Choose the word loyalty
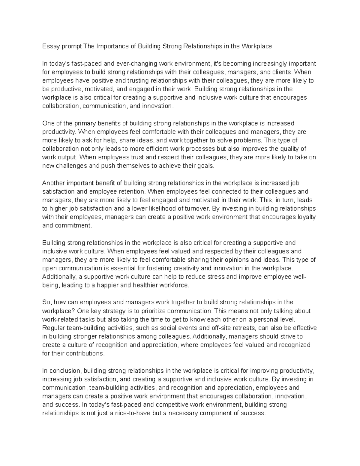306,217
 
